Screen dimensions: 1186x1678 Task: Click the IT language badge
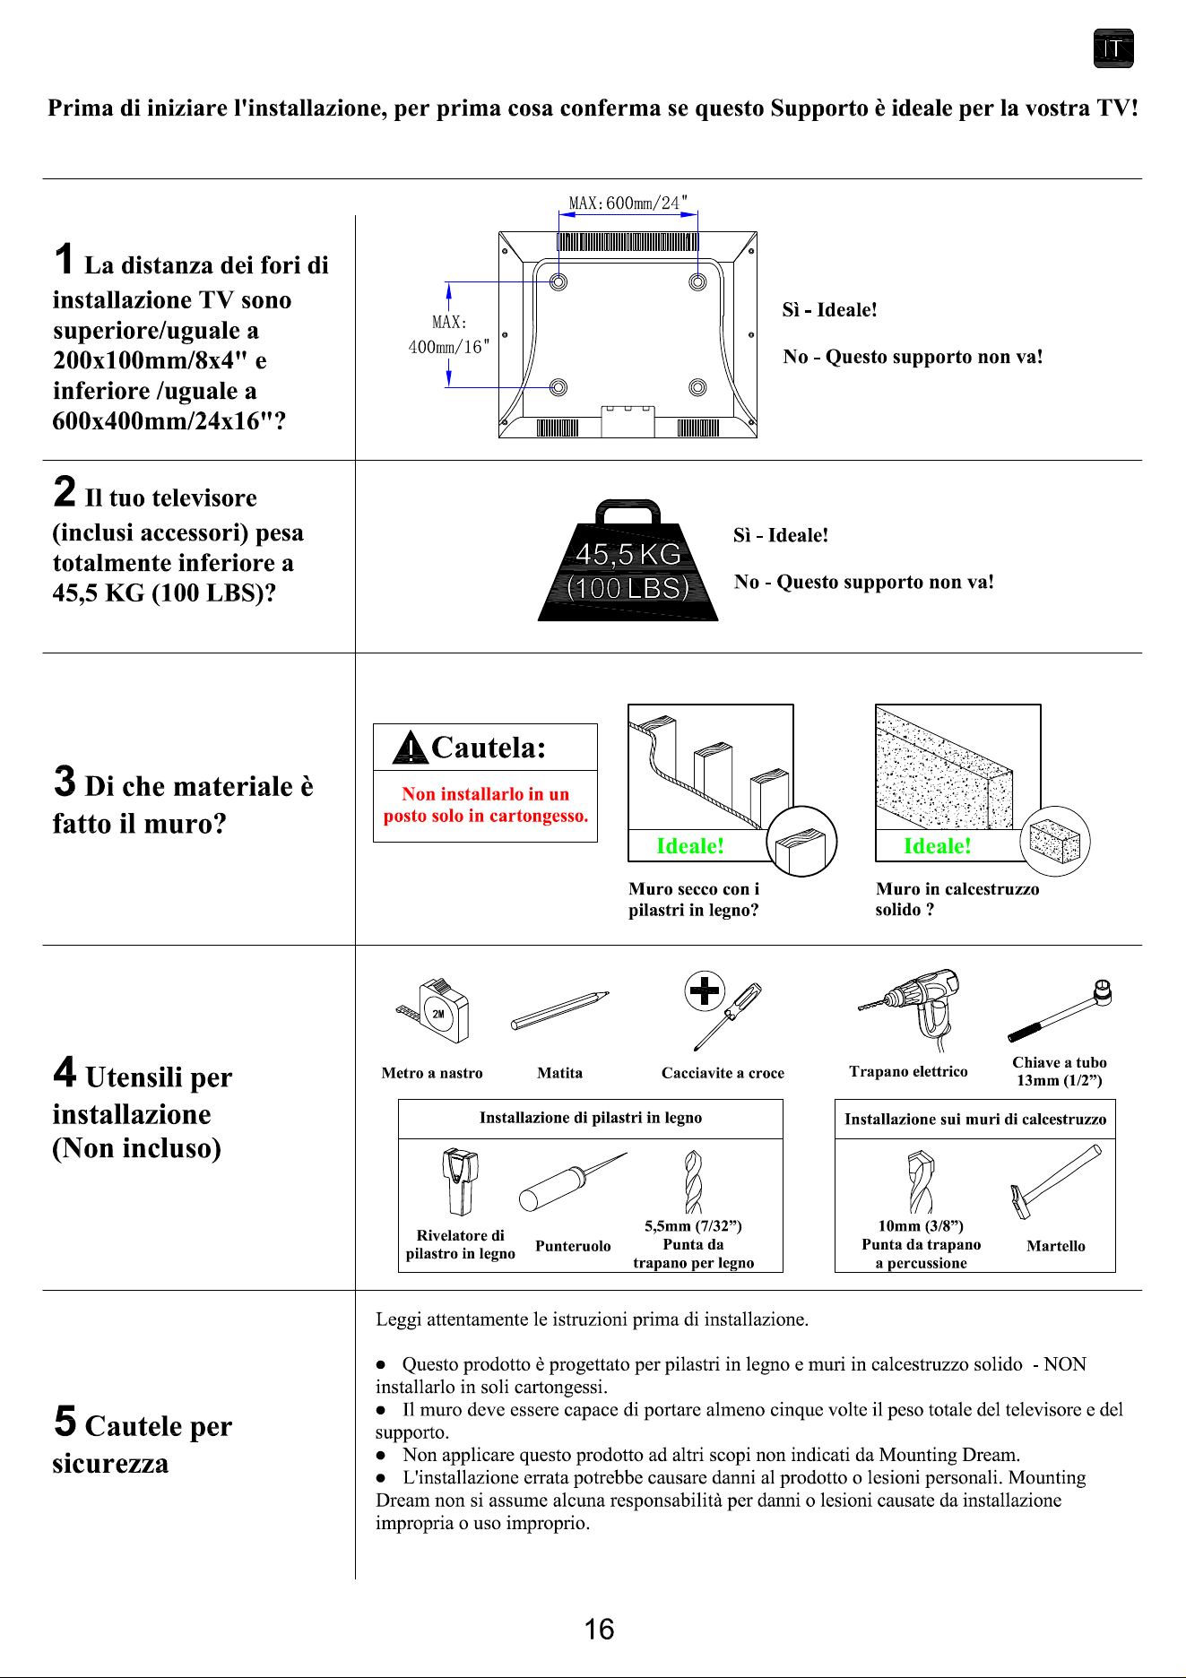[1113, 48]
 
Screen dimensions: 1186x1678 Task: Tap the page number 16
[599, 1629]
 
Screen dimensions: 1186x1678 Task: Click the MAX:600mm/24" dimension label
[628, 203]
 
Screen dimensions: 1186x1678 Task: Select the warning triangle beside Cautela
[410, 748]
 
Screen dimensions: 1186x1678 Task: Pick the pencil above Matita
[560, 1010]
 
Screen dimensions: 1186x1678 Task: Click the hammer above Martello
[1056, 1181]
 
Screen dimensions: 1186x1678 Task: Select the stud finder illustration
[461, 1181]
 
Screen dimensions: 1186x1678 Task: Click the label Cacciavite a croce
[723, 1073]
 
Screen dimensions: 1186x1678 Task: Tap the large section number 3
[65, 781]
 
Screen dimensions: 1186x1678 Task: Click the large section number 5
[65, 1421]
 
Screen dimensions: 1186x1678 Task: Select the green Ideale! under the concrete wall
[938, 846]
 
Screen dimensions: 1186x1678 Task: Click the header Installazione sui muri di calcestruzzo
[975, 1119]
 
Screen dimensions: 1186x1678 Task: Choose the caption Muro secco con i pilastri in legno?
[694, 899]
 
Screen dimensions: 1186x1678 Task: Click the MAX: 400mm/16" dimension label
[449, 334]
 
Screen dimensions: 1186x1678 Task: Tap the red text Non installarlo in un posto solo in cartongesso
[486, 805]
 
